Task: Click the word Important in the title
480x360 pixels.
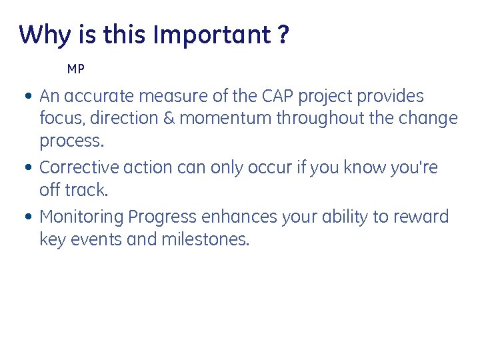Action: pos(211,35)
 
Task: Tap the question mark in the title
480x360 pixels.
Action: pos(284,35)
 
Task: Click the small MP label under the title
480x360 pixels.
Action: pos(76,69)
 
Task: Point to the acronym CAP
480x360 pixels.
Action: pos(273,96)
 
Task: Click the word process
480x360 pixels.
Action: pos(71,141)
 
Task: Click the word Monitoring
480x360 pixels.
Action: pos(82,217)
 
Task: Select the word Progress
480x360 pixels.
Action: pos(163,217)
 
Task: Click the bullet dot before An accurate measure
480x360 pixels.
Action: pos(25,97)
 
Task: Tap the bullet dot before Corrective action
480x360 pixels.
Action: pos(25,168)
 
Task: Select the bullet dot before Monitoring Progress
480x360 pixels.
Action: pos(25,217)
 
